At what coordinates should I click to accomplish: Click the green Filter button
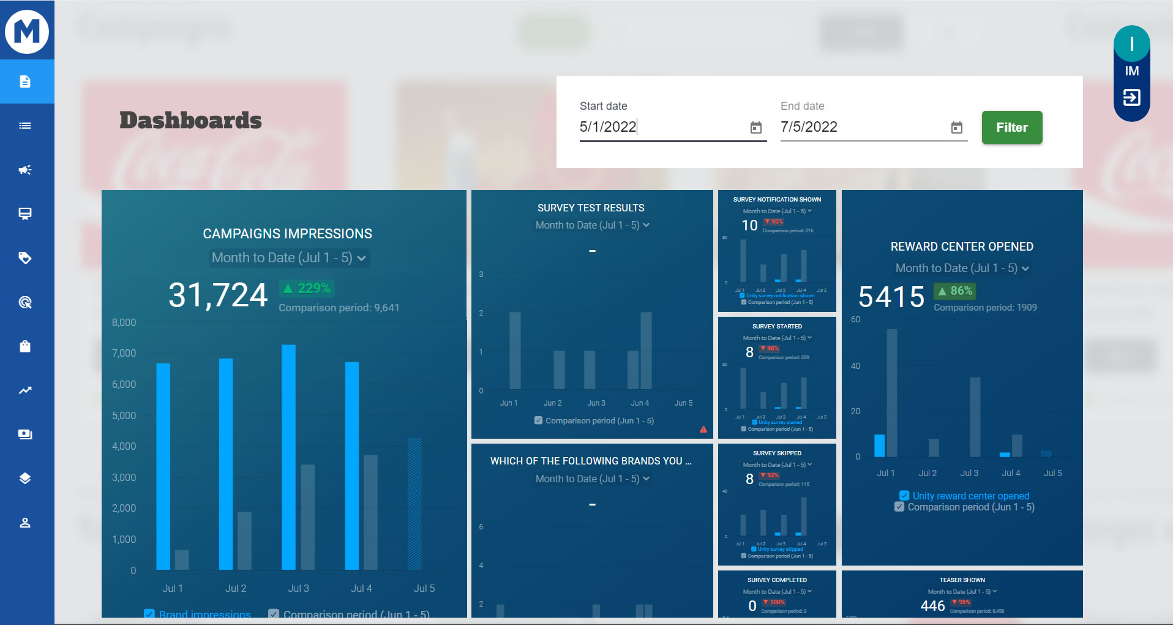tap(1011, 127)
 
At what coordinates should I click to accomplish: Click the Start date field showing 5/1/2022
tap(661, 127)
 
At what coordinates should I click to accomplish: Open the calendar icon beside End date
tap(956, 127)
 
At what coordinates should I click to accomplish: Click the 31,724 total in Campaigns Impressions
tap(218, 295)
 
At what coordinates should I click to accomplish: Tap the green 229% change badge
tap(307, 288)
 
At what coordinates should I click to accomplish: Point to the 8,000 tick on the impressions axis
tap(124, 322)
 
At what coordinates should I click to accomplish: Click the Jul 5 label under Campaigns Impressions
tap(424, 588)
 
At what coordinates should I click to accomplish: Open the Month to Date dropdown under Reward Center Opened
tap(962, 268)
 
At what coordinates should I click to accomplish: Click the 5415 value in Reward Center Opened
tap(891, 297)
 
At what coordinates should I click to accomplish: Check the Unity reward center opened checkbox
tap(904, 496)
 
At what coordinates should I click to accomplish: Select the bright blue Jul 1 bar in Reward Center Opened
tap(879, 445)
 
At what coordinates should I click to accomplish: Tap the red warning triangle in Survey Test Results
tap(703, 430)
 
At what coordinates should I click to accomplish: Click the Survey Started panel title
tap(777, 327)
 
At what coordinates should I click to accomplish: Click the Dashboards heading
tap(190, 120)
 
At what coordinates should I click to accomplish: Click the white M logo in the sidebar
tap(27, 31)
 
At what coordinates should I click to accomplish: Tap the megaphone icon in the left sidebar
tap(25, 170)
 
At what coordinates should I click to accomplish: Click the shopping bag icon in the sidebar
tap(25, 346)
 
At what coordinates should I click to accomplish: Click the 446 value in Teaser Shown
tap(932, 606)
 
